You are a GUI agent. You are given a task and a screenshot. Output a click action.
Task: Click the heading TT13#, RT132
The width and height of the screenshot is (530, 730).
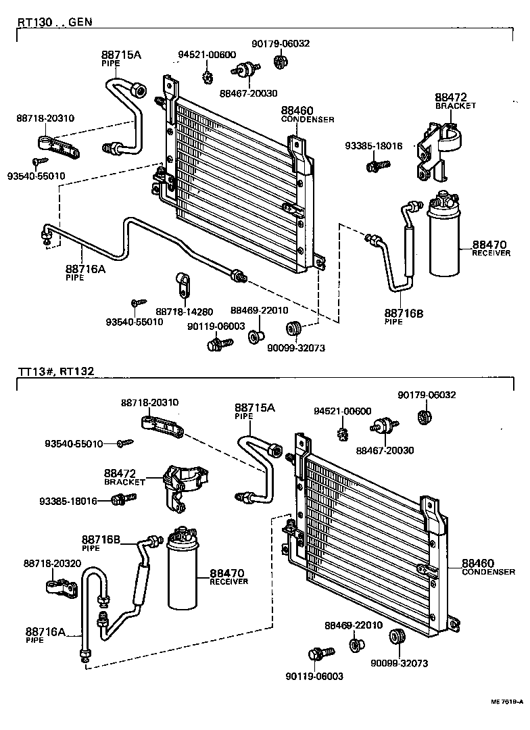pos(56,371)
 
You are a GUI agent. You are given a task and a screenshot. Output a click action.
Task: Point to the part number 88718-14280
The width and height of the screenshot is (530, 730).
pos(184,312)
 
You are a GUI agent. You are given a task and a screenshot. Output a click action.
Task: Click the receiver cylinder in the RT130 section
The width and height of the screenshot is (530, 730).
pos(443,237)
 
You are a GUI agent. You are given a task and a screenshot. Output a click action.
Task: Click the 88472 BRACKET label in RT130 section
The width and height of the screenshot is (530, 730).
pos(455,101)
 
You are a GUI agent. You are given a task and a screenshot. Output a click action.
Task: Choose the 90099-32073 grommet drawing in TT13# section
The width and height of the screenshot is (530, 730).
pos(396,637)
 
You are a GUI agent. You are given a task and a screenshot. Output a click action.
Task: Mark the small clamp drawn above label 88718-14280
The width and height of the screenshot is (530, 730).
pos(183,284)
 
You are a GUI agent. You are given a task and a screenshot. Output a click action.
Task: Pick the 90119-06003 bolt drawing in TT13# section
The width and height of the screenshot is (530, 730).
pos(320,654)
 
